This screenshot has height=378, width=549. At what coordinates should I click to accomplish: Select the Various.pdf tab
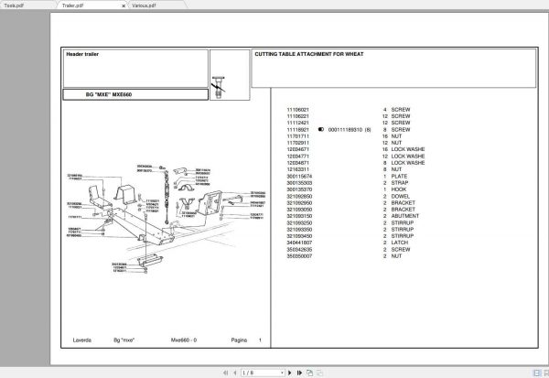143,5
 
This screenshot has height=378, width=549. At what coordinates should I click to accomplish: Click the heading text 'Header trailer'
82,54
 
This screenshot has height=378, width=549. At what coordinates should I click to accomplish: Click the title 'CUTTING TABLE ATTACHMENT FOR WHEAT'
310,54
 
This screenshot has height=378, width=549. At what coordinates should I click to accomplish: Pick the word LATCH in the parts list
400,243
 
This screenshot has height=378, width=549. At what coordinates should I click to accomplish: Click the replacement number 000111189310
342,130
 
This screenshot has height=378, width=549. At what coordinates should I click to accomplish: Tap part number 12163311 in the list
299,168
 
